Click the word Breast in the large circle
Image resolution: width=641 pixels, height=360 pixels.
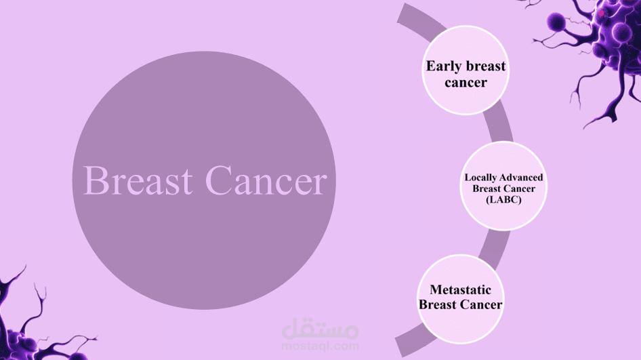[138, 180]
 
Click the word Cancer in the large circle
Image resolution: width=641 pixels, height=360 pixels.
[266, 180]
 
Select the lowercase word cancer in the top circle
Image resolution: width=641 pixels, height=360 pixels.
[466, 83]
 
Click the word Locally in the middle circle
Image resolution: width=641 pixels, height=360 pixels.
[484, 178]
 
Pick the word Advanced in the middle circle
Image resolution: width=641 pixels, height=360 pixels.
[524, 178]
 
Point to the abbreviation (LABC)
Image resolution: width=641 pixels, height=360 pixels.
[503, 199]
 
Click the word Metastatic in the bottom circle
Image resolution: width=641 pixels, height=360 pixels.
[460, 289]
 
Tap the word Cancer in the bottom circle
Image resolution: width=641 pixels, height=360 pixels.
[481, 305]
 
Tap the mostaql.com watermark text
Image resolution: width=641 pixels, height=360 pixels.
[320, 346]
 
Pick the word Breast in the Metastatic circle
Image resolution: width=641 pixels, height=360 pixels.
[438, 305]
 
